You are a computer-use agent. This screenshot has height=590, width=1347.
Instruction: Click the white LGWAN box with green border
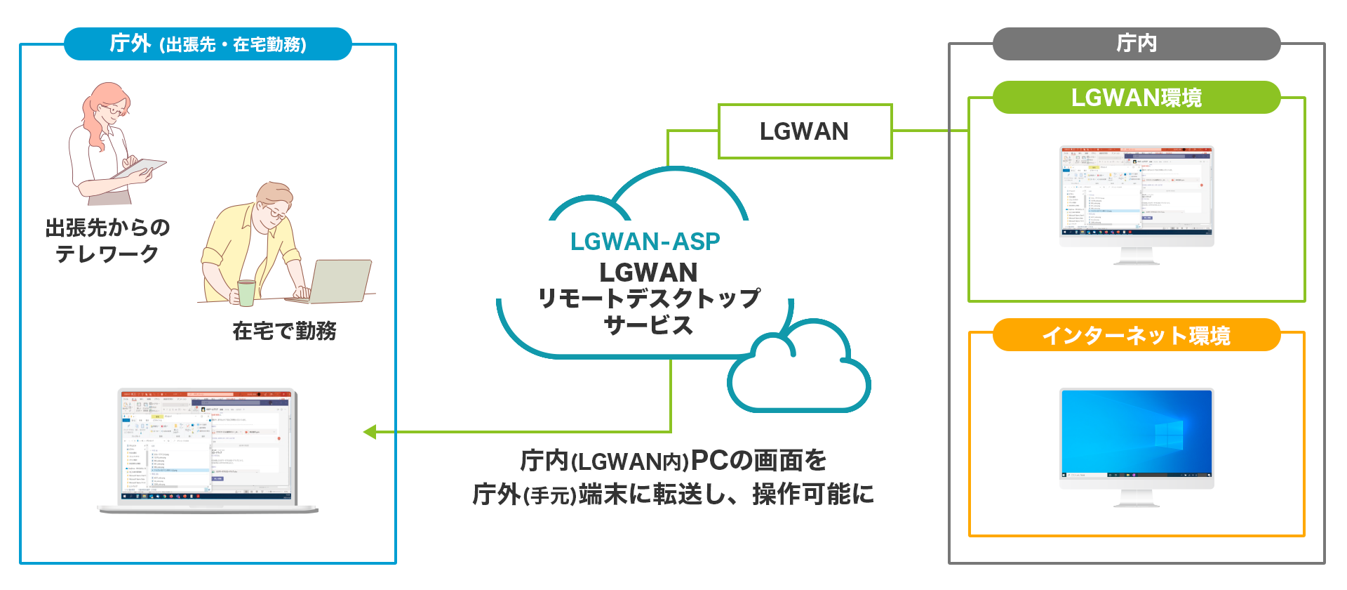(x=805, y=131)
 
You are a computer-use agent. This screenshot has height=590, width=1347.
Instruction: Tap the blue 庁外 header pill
(x=208, y=44)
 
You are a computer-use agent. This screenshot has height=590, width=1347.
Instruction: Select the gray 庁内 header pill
(x=1136, y=44)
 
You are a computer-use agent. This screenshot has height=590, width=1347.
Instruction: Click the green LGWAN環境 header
(x=1136, y=98)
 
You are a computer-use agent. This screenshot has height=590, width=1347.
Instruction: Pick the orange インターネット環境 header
(x=1136, y=335)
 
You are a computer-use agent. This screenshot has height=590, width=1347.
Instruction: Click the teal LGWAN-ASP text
(x=645, y=242)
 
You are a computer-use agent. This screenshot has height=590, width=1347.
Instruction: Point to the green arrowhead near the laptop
(x=370, y=432)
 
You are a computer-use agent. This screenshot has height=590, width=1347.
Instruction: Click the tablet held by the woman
(x=140, y=169)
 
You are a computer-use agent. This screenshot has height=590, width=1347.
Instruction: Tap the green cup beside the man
(x=246, y=292)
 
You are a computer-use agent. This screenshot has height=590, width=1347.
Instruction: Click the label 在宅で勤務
(x=284, y=331)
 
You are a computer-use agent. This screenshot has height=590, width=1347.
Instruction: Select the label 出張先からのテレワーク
(x=107, y=240)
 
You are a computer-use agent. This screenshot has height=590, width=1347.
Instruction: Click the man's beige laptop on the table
(x=340, y=281)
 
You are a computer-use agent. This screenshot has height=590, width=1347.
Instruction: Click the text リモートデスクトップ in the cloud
(x=649, y=299)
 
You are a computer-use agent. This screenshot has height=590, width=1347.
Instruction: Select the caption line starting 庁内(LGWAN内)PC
(x=673, y=461)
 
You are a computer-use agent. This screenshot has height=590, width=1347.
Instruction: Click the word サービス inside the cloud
(x=648, y=325)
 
